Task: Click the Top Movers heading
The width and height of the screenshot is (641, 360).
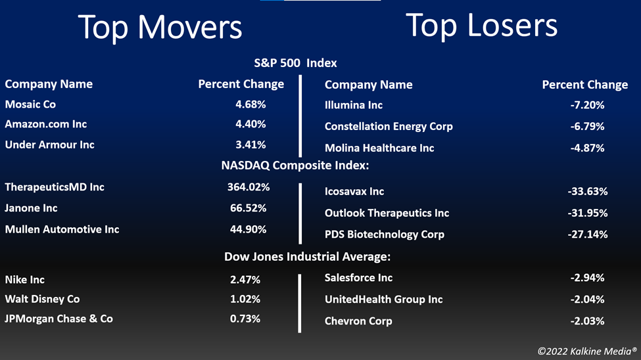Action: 160,28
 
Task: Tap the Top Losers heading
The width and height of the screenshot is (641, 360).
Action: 481,26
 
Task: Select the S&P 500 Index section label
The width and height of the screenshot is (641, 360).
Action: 296,63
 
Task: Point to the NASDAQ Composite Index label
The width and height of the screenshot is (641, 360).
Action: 295,166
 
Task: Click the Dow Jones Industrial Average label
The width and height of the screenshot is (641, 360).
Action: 308,257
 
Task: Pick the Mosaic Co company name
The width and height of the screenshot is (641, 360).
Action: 30,104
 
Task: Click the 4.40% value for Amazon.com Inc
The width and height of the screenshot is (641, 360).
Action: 250,124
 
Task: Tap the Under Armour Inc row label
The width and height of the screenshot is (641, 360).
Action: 49,145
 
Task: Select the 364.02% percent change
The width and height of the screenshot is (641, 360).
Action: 249,187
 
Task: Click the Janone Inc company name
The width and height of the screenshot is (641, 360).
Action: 31,208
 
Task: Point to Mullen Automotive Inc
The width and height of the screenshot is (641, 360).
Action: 62,229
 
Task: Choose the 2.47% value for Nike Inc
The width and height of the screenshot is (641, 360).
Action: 245,279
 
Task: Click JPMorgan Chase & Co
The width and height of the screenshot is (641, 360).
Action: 59,319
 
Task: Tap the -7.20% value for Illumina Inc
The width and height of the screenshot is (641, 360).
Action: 588,105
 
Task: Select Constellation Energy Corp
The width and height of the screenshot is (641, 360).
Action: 389,126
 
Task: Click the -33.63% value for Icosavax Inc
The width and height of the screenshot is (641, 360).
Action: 588,191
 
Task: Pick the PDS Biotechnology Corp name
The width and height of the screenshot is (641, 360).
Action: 385,235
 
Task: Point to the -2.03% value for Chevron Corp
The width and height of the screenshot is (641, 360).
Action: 588,321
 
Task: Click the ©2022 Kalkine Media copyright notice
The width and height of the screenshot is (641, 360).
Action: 588,351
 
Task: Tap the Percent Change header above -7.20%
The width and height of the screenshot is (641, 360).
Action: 585,85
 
